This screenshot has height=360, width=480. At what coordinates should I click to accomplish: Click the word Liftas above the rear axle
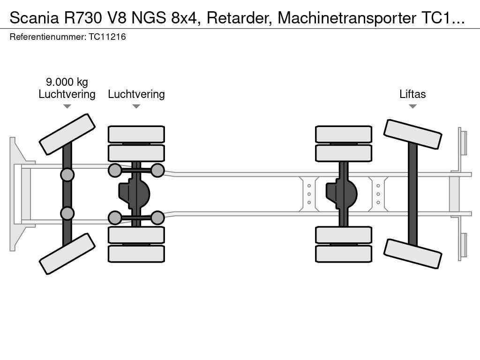(x=412, y=94)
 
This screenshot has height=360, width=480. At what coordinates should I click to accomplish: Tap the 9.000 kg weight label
(x=67, y=82)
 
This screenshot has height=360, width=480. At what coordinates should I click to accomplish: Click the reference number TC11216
(x=107, y=37)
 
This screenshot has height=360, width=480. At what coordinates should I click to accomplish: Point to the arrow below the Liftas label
(x=412, y=106)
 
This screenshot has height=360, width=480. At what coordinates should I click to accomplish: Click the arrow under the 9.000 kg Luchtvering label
(x=67, y=106)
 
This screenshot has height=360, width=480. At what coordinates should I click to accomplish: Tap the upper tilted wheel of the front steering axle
(x=67, y=134)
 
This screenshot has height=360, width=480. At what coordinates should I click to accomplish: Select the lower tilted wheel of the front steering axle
(x=67, y=254)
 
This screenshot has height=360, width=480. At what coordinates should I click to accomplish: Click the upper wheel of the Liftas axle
(x=412, y=134)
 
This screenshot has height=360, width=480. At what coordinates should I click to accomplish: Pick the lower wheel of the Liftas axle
(x=412, y=253)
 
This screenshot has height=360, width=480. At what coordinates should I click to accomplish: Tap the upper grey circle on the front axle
(x=67, y=175)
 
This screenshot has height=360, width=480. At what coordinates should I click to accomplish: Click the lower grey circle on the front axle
(x=67, y=214)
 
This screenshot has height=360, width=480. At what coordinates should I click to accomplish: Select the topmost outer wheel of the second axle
(x=136, y=134)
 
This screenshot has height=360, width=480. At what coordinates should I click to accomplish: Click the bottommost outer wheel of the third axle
(x=344, y=254)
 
